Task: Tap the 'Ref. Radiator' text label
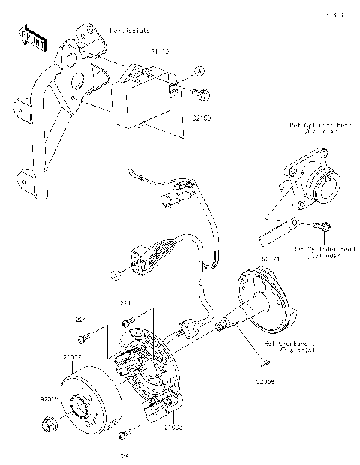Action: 132,31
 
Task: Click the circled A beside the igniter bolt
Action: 199,70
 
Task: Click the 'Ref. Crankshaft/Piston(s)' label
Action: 283,346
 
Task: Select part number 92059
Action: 265,381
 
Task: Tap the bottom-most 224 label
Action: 123,454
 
